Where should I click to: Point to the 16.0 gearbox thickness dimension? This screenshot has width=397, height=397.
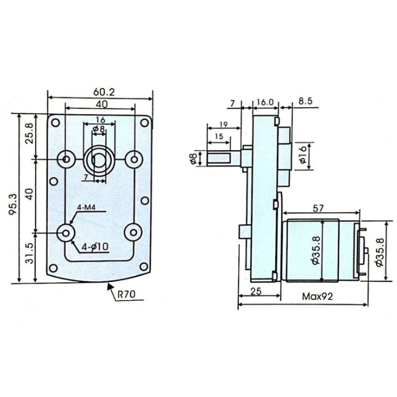pyautogui.click(x=265, y=103)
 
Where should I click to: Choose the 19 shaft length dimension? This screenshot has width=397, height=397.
pyautogui.click(x=222, y=125)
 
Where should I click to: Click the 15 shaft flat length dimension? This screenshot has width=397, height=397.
pyautogui.click(x=218, y=137)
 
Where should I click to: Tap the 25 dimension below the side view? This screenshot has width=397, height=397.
pyautogui.click(x=256, y=291)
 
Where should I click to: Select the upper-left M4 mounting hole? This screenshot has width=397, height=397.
pyautogui.click(x=66, y=159)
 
